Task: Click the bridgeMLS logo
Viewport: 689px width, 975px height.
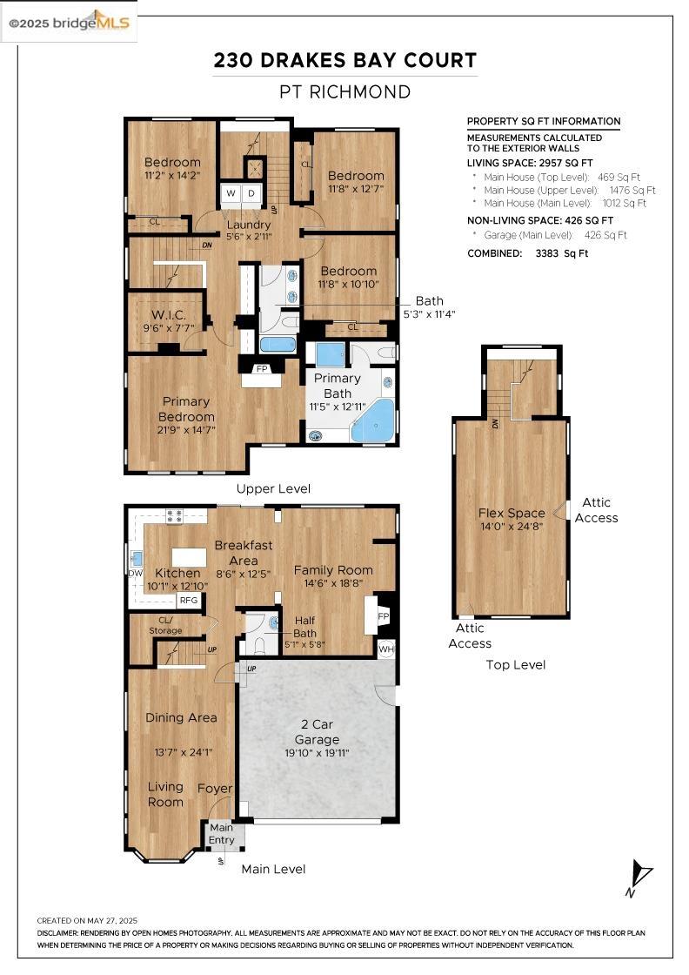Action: point(70,23)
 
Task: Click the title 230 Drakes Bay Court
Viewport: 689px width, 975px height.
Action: point(345,61)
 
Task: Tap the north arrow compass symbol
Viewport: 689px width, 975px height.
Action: point(641,876)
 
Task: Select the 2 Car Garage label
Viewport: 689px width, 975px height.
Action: point(317,732)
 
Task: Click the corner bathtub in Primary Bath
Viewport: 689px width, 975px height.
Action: point(374,421)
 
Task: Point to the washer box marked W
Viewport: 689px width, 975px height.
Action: point(231,193)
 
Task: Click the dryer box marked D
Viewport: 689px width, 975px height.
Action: point(251,193)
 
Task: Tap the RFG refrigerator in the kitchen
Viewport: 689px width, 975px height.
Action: point(188,600)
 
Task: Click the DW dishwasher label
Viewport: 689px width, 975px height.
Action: point(135,573)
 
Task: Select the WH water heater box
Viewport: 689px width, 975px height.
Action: point(386,649)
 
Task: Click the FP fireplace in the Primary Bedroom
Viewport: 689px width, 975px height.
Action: point(261,369)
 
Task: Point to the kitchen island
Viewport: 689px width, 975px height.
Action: point(189,556)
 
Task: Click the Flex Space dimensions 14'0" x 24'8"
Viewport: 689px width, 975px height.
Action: point(512,527)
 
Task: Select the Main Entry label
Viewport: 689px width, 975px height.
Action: point(221,834)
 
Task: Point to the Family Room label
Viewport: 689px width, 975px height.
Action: point(333,570)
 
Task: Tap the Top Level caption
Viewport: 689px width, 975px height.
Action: point(515,664)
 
